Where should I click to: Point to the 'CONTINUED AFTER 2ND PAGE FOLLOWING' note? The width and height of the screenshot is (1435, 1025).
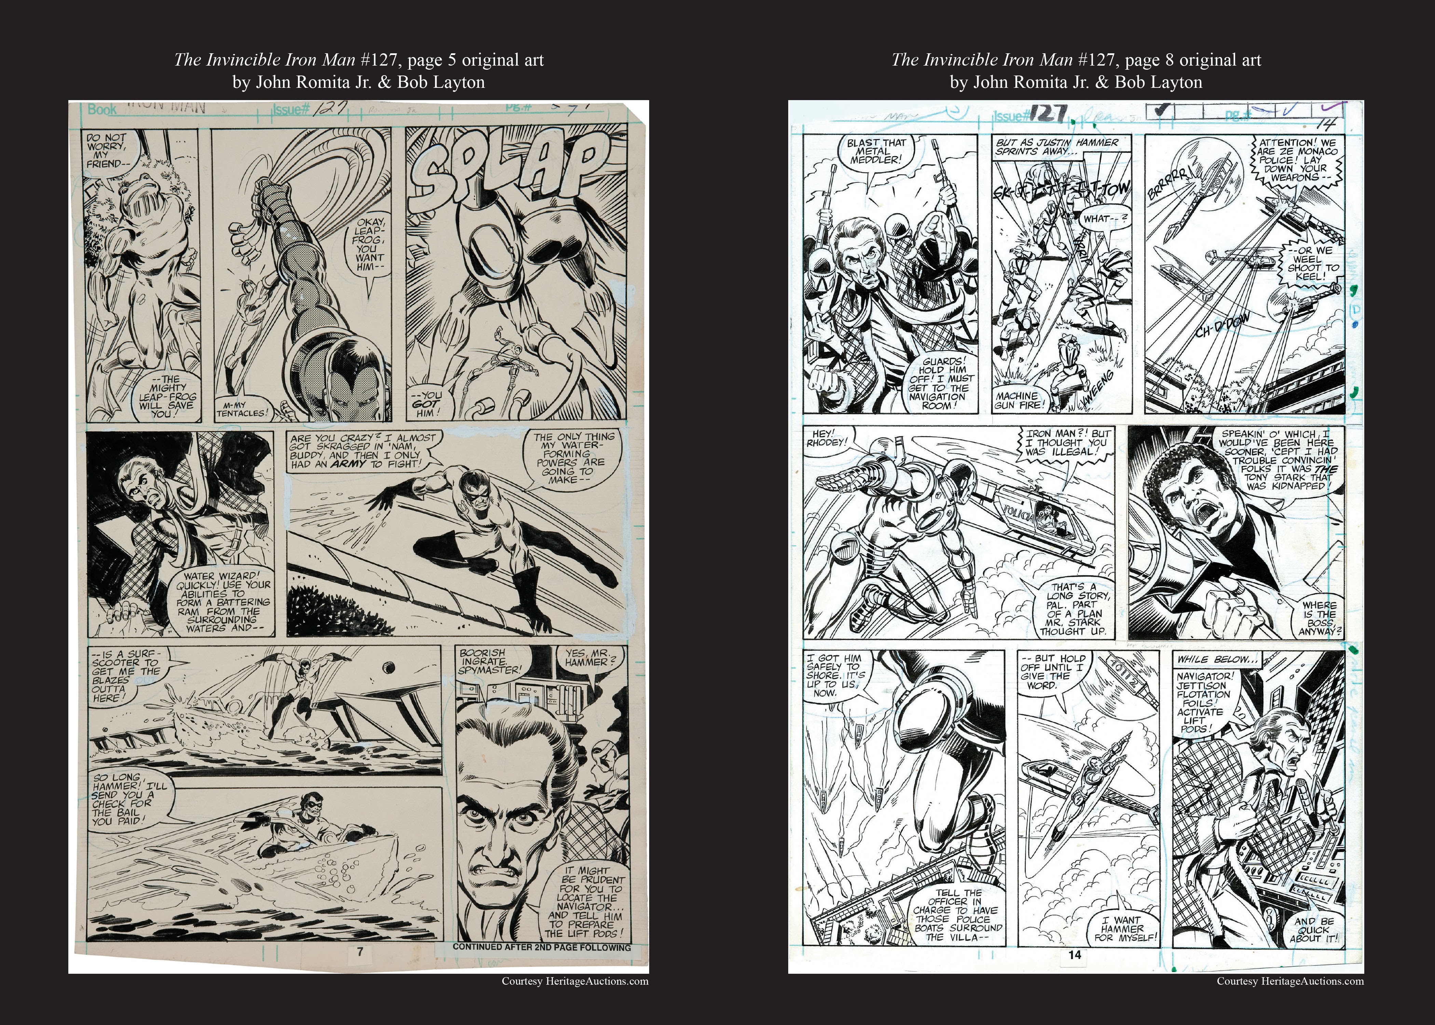point(542,947)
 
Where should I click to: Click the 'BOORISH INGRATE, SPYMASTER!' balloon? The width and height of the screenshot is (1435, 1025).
point(492,661)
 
